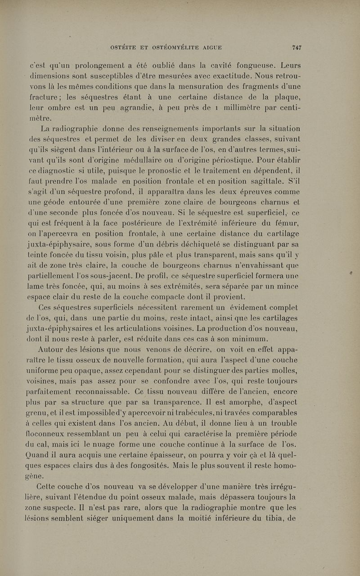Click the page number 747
(x=296, y=47)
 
